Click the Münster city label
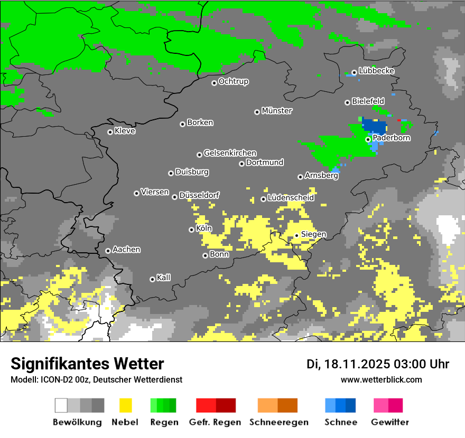277,111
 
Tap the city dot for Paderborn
368,140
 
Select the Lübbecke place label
376,71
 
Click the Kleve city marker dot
110,132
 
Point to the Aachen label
126,250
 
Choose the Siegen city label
313,234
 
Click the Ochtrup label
233,82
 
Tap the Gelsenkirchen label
230,153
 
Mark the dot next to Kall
153,279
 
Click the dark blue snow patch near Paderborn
375,127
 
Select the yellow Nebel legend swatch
125,405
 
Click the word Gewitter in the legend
389,422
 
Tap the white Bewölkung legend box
61,405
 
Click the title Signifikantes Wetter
87,364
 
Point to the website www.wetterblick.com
381,379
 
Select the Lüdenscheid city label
291,198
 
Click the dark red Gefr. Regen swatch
226,405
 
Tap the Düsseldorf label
199,195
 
